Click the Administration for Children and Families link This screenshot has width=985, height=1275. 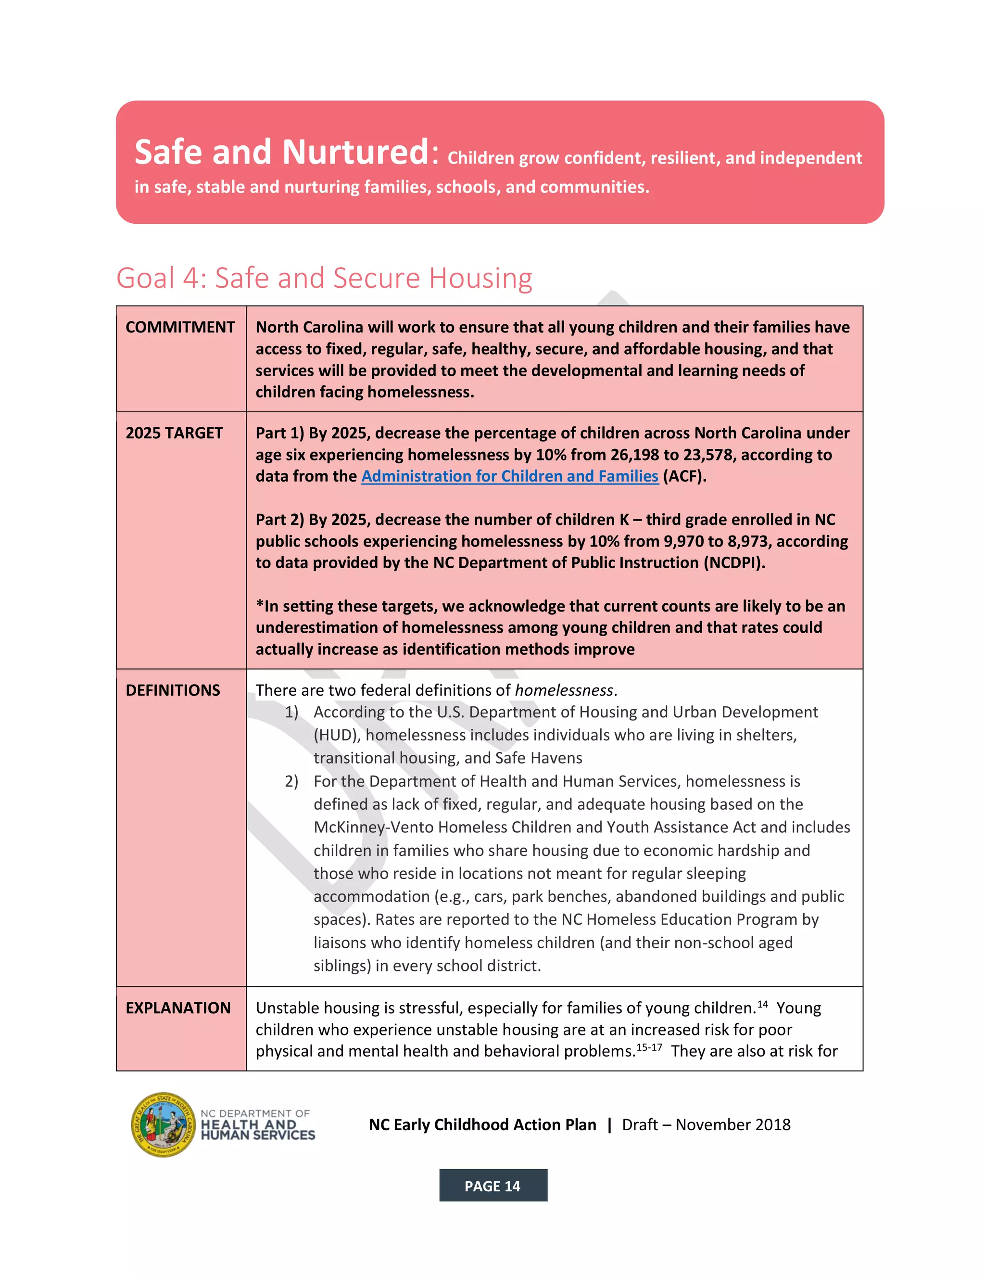point(509,476)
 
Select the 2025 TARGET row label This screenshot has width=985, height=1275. point(174,433)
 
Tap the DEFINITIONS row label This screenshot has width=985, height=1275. point(173,690)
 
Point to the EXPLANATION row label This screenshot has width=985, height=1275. point(178,1007)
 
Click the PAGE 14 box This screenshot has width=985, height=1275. point(492,1186)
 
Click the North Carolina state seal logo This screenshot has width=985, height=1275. point(163,1124)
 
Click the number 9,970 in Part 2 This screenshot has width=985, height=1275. point(684,541)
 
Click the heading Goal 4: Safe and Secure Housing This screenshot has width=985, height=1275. point(324,278)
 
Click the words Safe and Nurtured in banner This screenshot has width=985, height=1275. point(282,153)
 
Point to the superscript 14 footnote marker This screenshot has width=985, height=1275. point(762,1004)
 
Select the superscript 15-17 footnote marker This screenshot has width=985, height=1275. point(649,1047)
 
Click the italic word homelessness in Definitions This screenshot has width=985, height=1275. point(564,690)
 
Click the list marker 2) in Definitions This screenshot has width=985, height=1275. point(291,781)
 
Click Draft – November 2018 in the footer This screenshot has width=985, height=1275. point(706,1125)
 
